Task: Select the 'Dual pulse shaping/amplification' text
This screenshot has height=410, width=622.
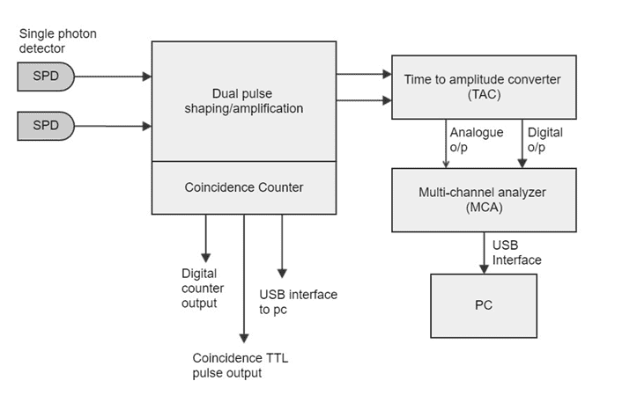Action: pos(244,100)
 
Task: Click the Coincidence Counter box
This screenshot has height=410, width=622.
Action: pos(244,187)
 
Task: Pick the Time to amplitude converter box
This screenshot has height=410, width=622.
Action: pos(482,86)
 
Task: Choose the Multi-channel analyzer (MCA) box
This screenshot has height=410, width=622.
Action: pos(482,200)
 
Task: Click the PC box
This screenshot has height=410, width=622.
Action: pos(483,306)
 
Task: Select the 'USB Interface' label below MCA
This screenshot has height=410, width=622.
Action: pos(516,252)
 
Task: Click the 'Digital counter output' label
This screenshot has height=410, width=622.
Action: pos(203,289)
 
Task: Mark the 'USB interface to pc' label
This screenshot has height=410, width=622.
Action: pos(298,301)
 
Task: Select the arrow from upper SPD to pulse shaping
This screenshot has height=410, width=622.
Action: pos(113,77)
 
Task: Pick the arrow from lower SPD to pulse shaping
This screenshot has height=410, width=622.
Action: pos(113,126)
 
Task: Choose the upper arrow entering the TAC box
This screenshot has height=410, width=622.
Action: pos(363,77)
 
